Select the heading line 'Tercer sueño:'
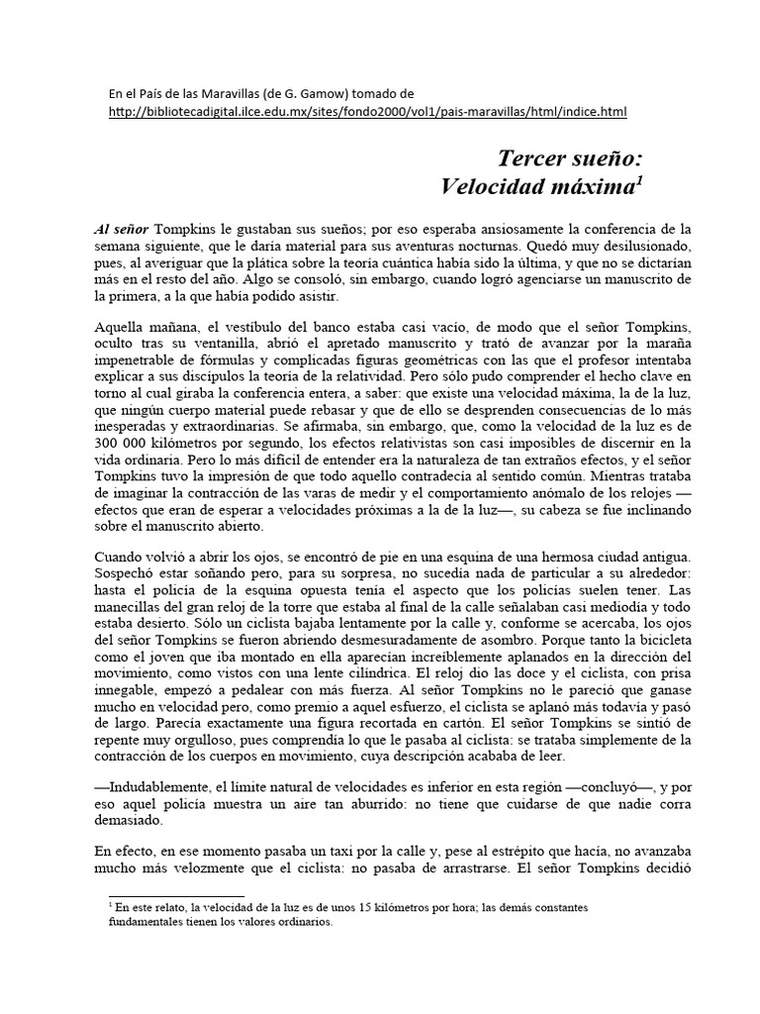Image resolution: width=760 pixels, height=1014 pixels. coord(564,157)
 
